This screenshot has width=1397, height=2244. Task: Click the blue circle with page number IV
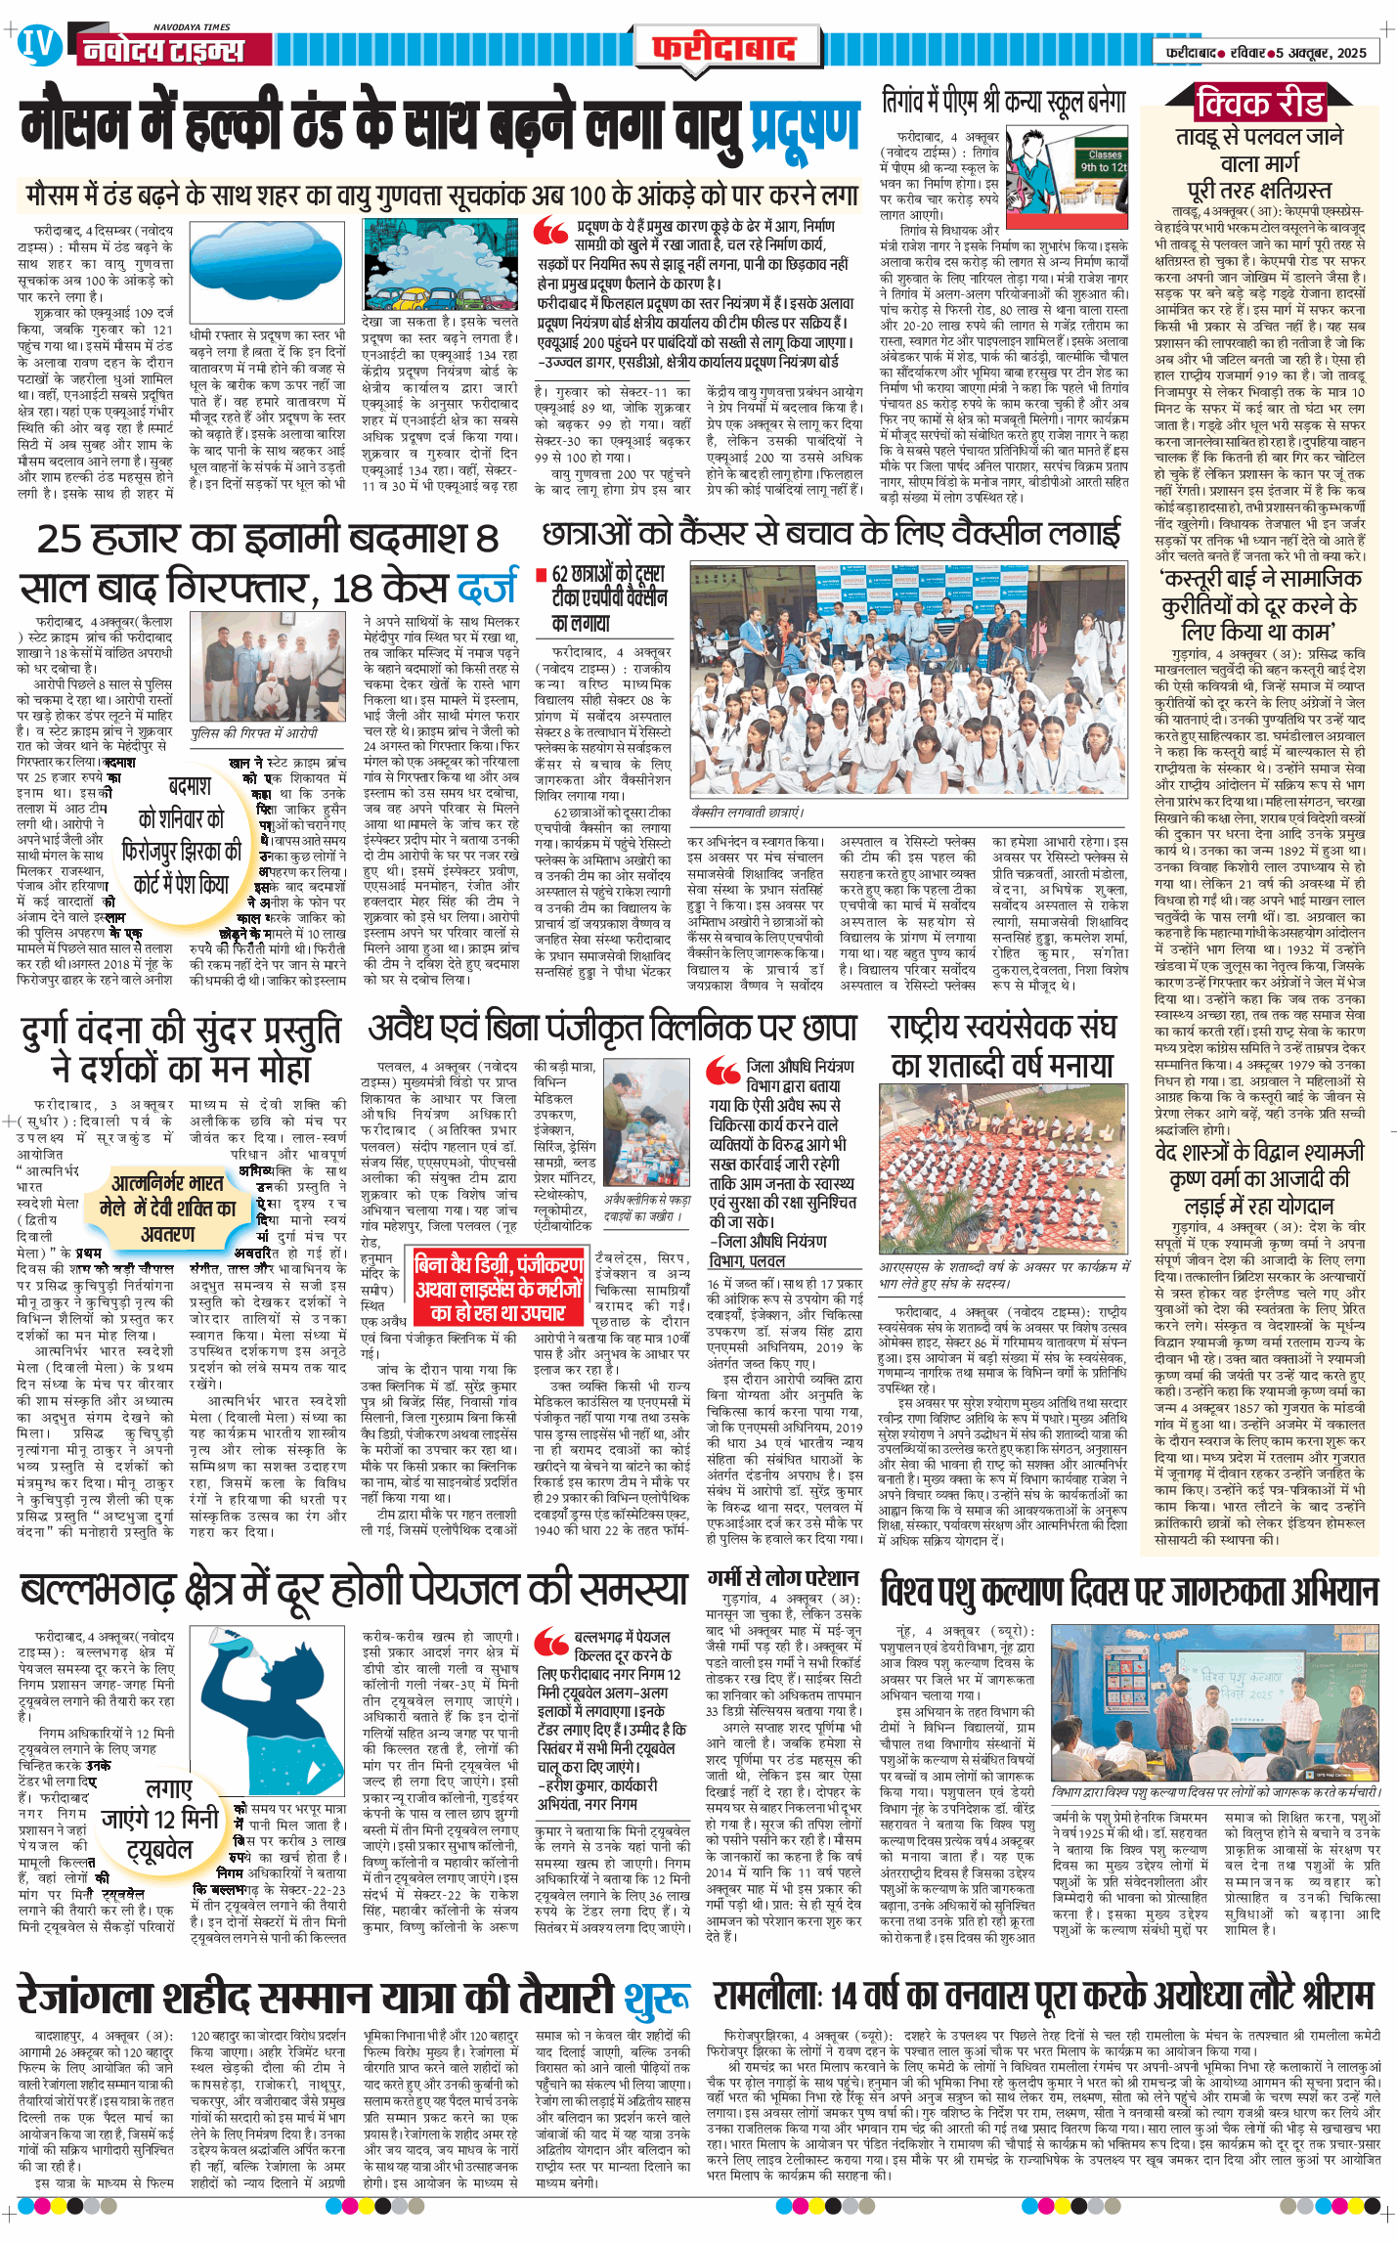39,45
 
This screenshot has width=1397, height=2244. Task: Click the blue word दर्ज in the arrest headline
486,588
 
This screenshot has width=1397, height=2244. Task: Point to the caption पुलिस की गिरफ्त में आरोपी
255,731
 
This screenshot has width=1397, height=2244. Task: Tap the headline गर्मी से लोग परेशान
783,1577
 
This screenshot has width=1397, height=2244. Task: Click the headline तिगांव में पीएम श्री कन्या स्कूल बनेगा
1003,103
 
